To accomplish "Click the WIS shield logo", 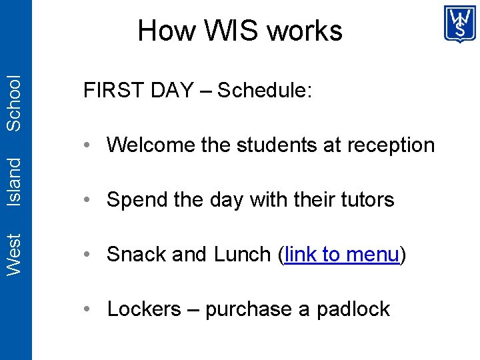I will click(x=460, y=24).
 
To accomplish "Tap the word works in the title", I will click(x=304, y=31).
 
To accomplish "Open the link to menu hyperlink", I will click(x=341, y=255).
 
